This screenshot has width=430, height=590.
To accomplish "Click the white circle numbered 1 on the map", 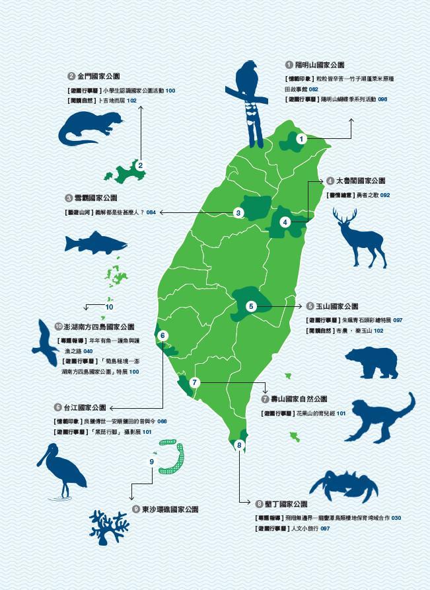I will coord(301,139).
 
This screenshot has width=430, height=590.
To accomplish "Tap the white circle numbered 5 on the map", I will coord(251,306).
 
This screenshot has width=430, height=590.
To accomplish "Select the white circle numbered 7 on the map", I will coord(194,382).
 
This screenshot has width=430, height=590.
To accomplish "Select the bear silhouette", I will coord(372,364).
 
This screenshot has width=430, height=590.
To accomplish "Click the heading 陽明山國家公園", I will coord(320,65).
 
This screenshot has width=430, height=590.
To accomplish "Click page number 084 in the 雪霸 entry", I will coord(151,212).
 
